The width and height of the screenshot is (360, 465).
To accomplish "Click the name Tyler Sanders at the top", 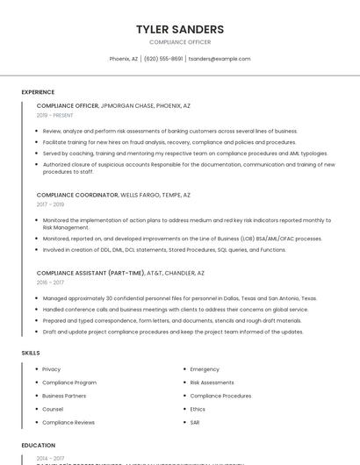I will tap(180, 29).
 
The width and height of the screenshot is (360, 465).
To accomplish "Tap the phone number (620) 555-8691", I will tap(163, 59).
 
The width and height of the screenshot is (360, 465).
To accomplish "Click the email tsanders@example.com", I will tap(220, 59).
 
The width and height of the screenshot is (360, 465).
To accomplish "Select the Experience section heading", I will tap(38, 92).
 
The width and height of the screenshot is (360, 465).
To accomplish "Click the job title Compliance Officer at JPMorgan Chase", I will tap(113, 105).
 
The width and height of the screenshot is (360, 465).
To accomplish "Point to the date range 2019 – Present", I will tap(55, 115).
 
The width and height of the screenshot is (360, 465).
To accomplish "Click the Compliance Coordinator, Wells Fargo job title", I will tap(113, 195).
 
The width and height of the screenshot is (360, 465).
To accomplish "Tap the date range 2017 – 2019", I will tap(50, 204).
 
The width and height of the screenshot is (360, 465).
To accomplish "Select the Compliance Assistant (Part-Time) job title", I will tap(120, 273).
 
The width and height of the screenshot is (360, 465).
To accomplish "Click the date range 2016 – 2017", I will tap(50, 283).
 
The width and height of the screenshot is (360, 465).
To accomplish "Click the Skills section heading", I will tap(31, 353).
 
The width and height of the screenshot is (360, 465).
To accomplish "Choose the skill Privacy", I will tap(52, 369).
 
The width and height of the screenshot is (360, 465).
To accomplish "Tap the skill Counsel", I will tap(53, 409).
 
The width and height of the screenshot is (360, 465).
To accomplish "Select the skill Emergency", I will tap(205, 369).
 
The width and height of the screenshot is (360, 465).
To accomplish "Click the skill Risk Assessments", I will tap(212, 383).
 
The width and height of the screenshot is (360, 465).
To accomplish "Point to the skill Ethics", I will tap(198, 409).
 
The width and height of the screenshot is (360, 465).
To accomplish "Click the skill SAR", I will tap(195, 422).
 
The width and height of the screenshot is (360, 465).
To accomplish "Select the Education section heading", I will tap(38, 446).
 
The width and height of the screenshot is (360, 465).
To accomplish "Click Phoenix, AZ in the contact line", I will tap(124, 59).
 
